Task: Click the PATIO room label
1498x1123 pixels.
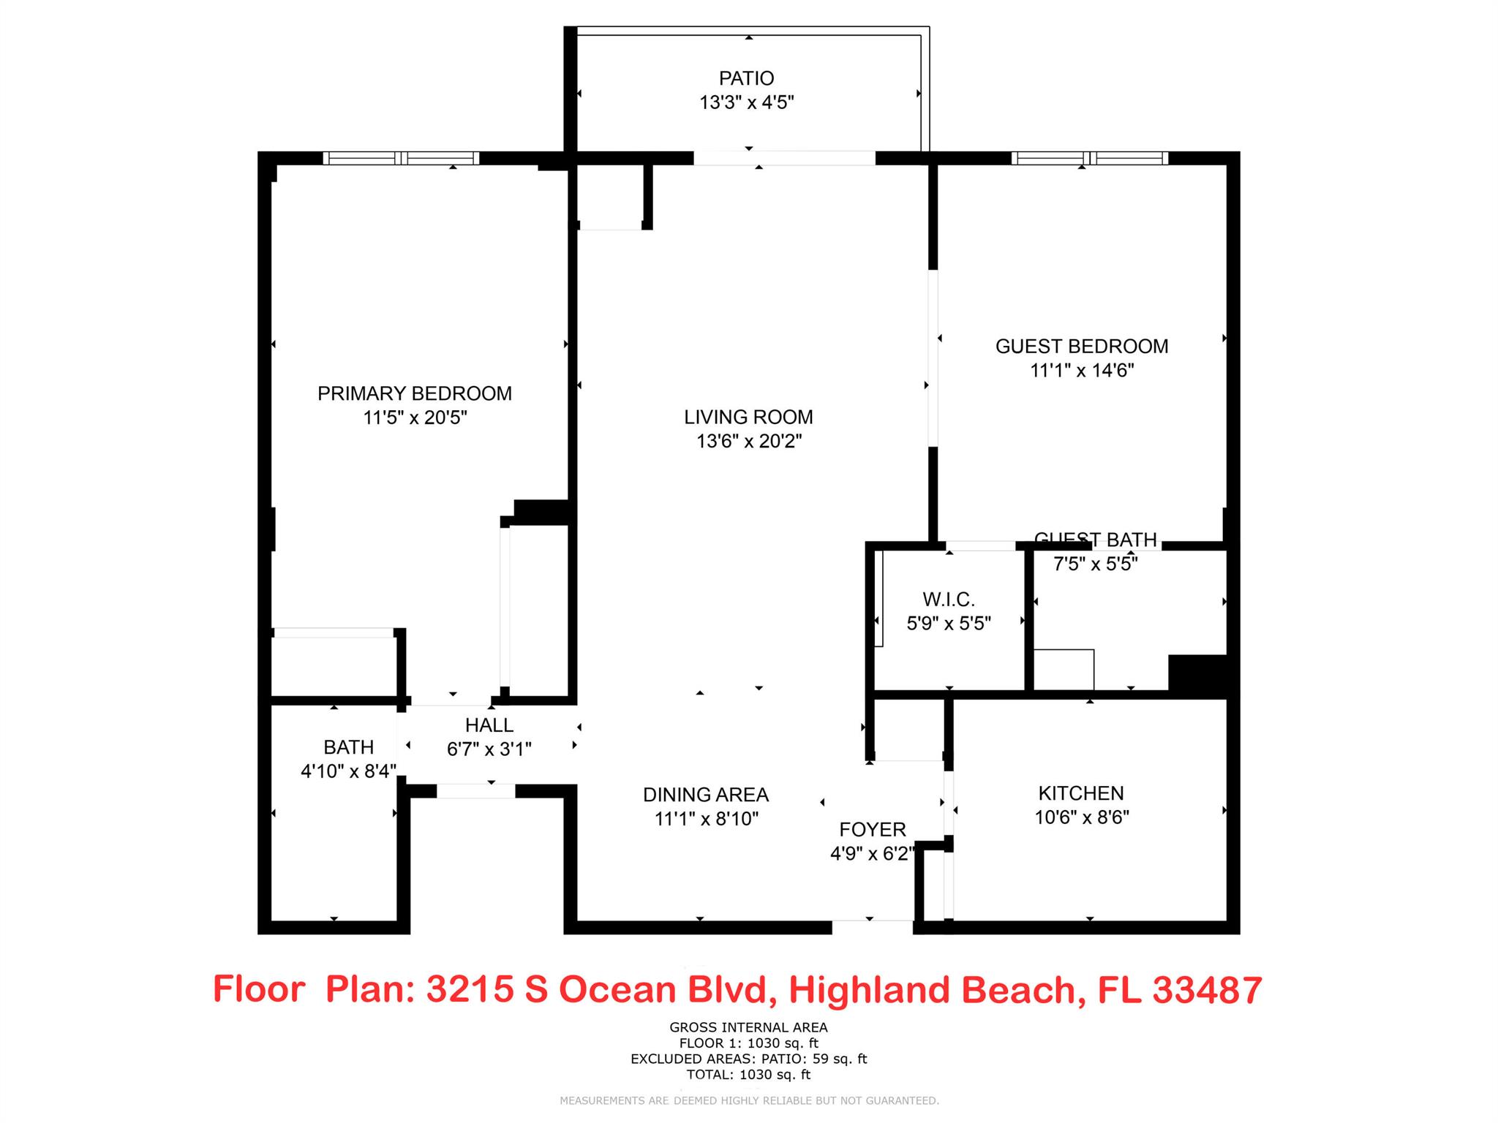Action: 746,78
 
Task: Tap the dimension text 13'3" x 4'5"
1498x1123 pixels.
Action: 746,102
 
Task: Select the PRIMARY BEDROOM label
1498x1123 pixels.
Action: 414,393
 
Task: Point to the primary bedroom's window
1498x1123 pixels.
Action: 401,158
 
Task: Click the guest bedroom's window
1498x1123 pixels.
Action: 1089,158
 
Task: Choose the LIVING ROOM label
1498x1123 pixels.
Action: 748,417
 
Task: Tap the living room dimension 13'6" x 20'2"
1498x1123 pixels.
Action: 748,441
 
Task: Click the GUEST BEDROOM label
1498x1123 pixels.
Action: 1081,346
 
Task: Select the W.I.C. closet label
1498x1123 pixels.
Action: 948,600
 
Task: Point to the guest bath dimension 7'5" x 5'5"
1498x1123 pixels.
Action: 1095,564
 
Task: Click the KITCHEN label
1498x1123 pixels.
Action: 1080,793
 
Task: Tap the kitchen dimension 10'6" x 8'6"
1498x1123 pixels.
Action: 1081,817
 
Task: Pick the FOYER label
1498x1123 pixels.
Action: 872,829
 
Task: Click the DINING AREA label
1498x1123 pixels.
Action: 705,794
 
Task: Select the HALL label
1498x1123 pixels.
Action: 489,725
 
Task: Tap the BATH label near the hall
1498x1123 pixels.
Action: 348,746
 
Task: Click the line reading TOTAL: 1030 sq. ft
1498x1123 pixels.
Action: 748,1074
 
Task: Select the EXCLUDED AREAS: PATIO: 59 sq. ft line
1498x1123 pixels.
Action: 748,1058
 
